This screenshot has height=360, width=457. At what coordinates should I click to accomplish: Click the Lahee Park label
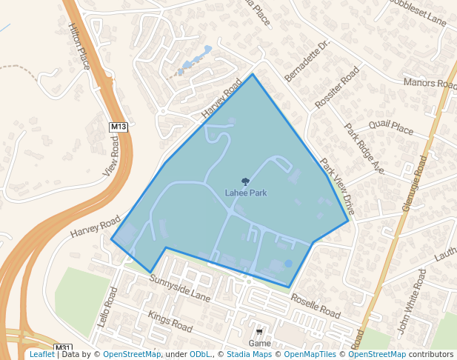point(246,193)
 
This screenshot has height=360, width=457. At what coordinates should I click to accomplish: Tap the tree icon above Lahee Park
point(246,181)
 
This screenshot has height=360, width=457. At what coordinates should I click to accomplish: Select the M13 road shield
point(119,127)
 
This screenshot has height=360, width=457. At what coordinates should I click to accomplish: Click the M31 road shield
point(64,347)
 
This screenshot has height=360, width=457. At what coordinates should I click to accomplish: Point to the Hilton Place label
point(79,46)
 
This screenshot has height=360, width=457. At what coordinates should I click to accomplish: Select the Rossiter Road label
point(337,87)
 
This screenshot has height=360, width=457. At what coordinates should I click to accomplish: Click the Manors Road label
point(430,83)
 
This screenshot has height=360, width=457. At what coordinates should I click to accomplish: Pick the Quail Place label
point(390,127)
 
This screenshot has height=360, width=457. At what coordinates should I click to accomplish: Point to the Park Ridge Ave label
point(364,148)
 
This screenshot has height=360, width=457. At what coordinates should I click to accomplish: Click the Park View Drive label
point(338,187)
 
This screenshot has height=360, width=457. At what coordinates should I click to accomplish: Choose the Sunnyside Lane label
point(180,288)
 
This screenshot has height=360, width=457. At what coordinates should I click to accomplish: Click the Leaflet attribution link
point(41,354)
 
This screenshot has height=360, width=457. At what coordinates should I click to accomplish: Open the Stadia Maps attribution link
point(248,354)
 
